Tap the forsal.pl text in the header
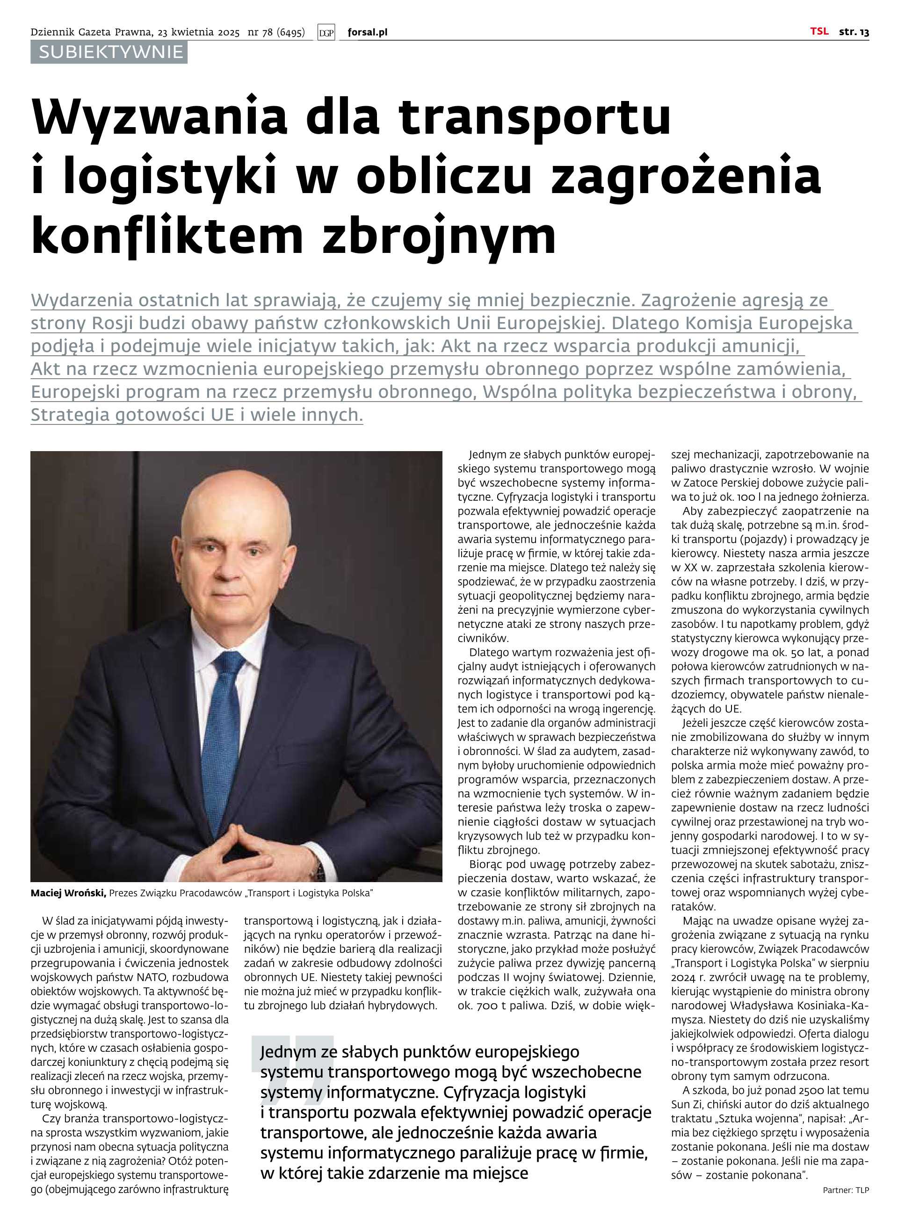pos(368,33)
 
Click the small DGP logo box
pos(326,33)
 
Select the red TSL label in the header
pos(819,31)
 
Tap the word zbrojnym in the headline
pos(440,235)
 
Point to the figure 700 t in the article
pos(481,1005)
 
